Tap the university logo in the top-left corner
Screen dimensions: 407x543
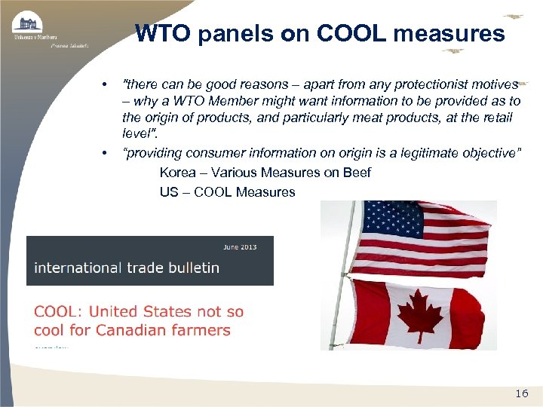click(29, 24)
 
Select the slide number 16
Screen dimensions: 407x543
click(521, 393)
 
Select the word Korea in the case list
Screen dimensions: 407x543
click(176, 173)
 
